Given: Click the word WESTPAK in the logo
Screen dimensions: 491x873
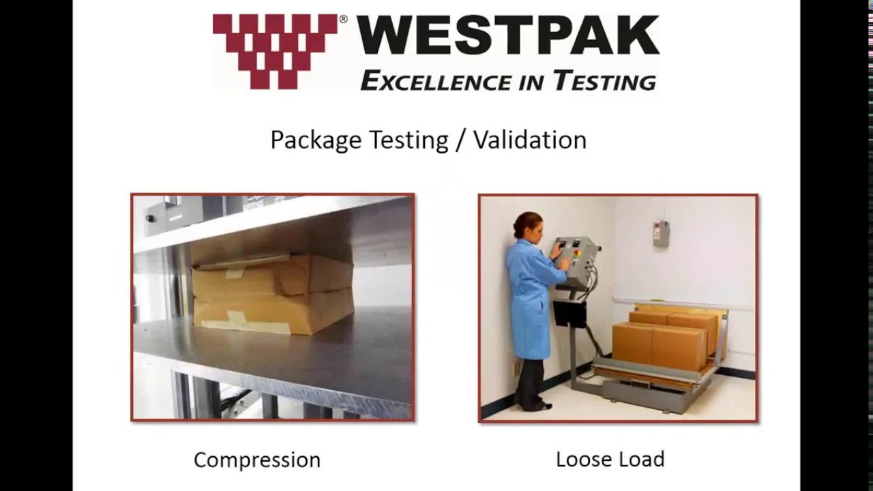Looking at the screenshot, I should click(507, 37).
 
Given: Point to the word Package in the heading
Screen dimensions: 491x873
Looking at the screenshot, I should click(316, 140).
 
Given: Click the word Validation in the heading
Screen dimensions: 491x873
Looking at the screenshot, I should click(530, 140).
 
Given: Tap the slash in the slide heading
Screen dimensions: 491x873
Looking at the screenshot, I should click(460, 140).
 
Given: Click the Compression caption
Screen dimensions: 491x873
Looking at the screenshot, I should click(257, 460).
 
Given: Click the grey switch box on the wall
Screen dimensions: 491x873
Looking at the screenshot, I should click(661, 233).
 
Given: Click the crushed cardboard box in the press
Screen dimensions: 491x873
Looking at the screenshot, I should click(273, 293).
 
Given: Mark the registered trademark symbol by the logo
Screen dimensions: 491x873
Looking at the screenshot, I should click(343, 19).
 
